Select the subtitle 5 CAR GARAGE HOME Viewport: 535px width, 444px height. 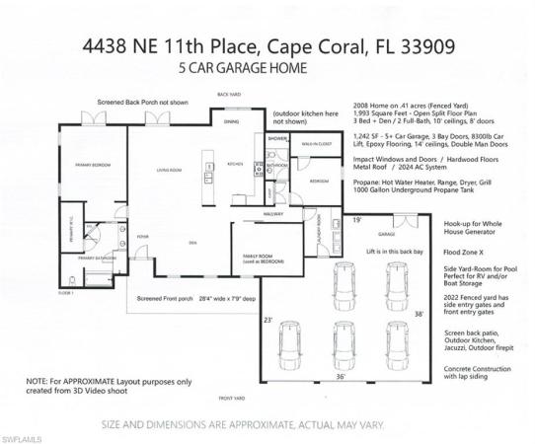240,69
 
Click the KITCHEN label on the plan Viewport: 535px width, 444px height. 237,164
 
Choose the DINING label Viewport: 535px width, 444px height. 230,122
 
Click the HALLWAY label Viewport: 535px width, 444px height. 272,212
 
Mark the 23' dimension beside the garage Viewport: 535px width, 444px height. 267,320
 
